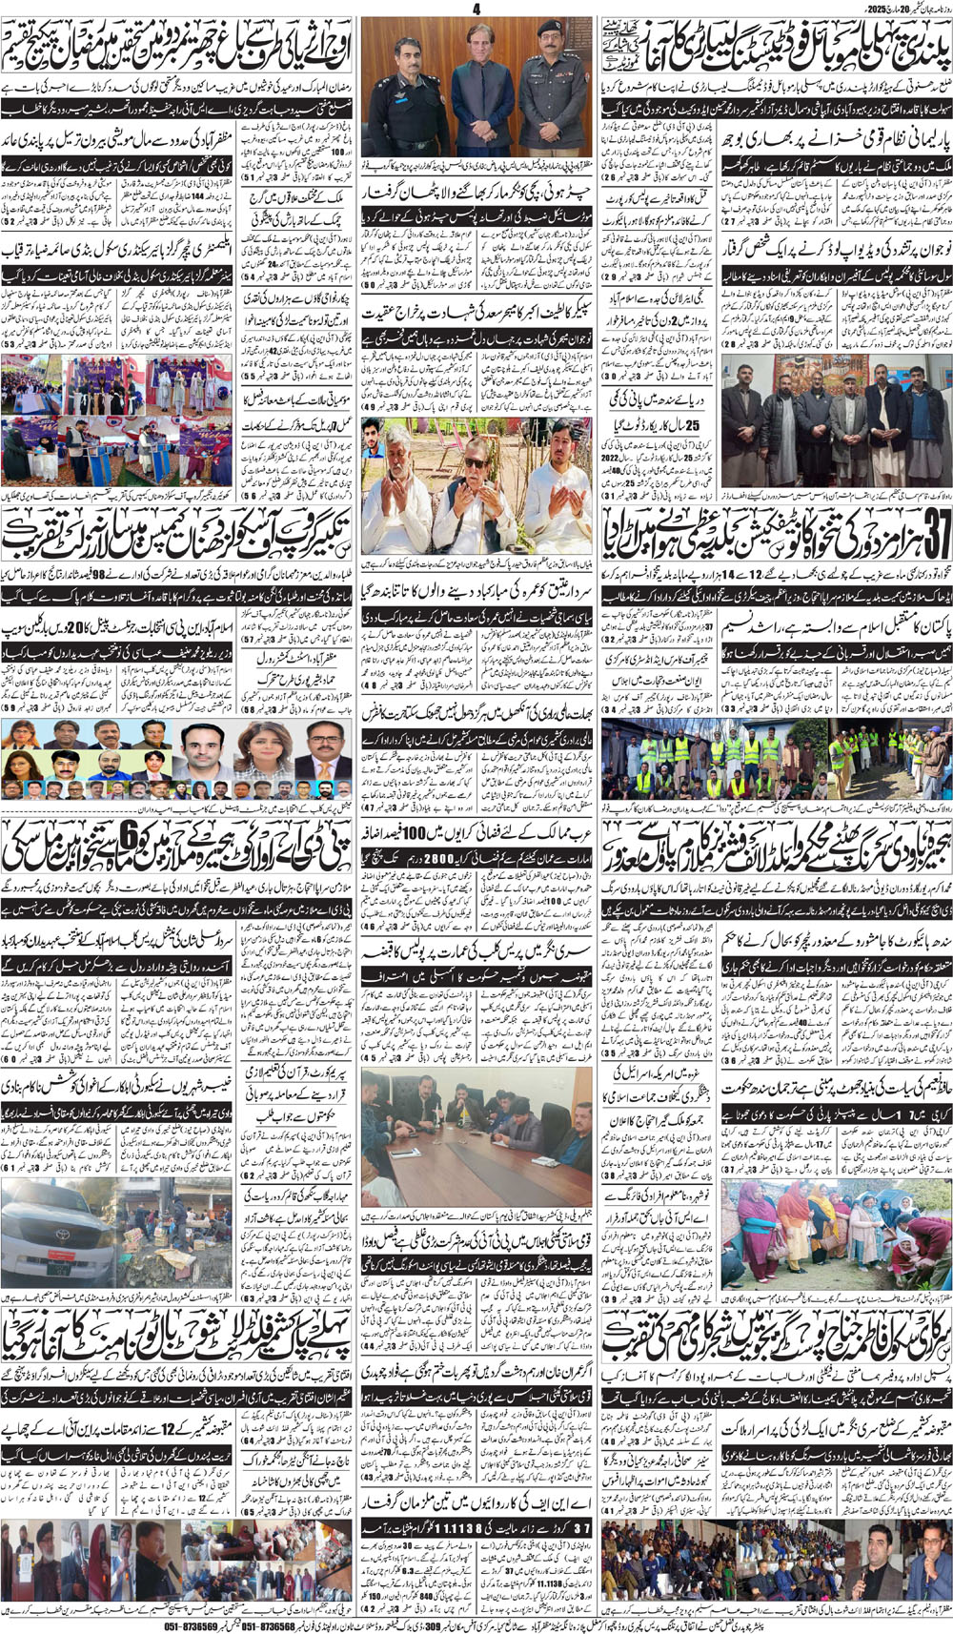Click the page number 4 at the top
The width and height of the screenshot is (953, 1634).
point(476,8)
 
